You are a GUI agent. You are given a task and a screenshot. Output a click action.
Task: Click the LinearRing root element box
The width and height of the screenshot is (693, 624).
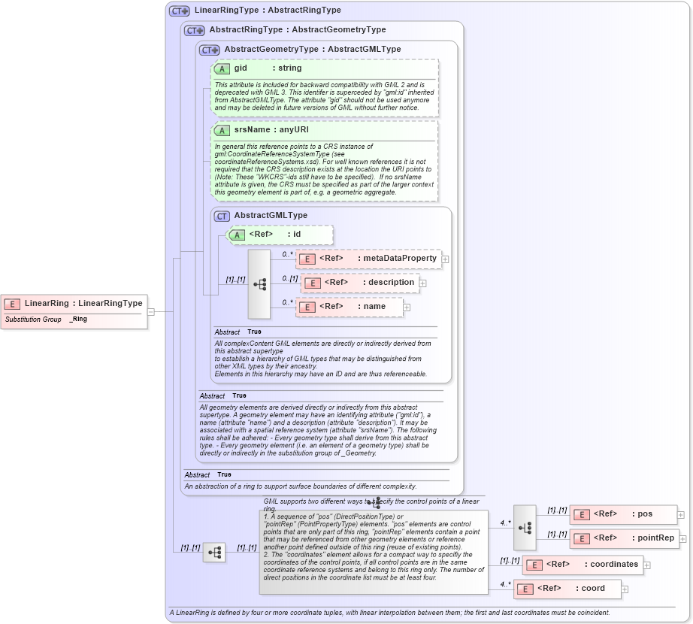(x=74, y=304)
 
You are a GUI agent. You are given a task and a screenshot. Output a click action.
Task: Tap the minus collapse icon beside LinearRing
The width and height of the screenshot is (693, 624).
(x=151, y=311)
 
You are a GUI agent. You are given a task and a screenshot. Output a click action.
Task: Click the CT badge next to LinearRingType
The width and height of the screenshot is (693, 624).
(x=180, y=11)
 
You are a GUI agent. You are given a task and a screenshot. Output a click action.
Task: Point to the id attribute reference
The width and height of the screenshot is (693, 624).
(x=280, y=235)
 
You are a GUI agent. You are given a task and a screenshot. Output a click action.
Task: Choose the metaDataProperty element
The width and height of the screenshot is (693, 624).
(x=368, y=259)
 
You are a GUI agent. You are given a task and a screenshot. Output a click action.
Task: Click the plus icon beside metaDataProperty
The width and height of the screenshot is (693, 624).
(x=445, y=259)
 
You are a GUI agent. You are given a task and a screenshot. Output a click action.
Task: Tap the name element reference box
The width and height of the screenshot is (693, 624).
(x=349, y=307)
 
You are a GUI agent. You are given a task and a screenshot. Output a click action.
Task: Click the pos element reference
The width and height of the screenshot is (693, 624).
(x=623, y=514)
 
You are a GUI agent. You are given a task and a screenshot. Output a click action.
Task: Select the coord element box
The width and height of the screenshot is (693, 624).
(x=567, y=589)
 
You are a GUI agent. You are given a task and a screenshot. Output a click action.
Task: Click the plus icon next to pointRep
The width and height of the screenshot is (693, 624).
(x=681, y=539)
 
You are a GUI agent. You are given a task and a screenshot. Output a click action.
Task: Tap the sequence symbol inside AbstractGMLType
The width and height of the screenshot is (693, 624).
(x=259, y=284)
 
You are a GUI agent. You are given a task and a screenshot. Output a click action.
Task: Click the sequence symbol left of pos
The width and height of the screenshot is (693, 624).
(x=525, y=527)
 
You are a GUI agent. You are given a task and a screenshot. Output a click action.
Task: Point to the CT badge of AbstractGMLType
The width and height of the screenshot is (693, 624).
(x=222, y=216)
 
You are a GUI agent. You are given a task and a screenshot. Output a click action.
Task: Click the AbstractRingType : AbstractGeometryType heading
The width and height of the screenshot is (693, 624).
(x=297, y=30)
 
